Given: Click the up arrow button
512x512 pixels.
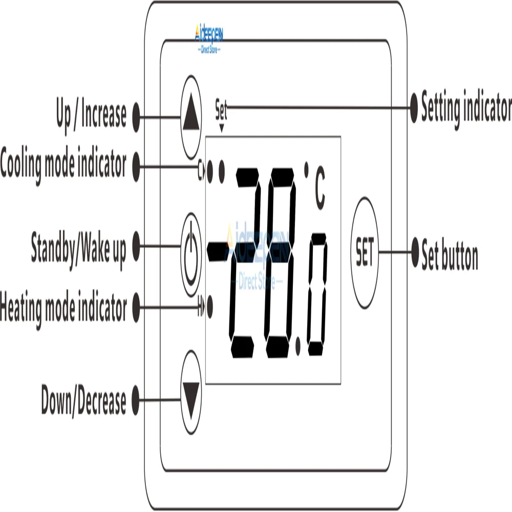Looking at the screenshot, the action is coord(191,117).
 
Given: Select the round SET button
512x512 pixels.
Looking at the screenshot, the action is coord(365,252).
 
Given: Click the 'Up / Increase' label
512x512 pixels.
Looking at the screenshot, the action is coord(91,114).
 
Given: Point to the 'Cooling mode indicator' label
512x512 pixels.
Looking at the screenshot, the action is coord(63,165).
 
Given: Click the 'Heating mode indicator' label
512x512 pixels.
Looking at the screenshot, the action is coord(63,308).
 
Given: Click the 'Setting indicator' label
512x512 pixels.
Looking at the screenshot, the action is coord(466,107).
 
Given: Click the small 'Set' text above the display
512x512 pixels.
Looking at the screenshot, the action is coord(221,109).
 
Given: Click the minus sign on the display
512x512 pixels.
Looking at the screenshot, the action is coord(218,249).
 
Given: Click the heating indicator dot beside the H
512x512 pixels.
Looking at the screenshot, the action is coord(210,308).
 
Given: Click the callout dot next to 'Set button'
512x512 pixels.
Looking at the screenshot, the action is coord(415,252).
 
